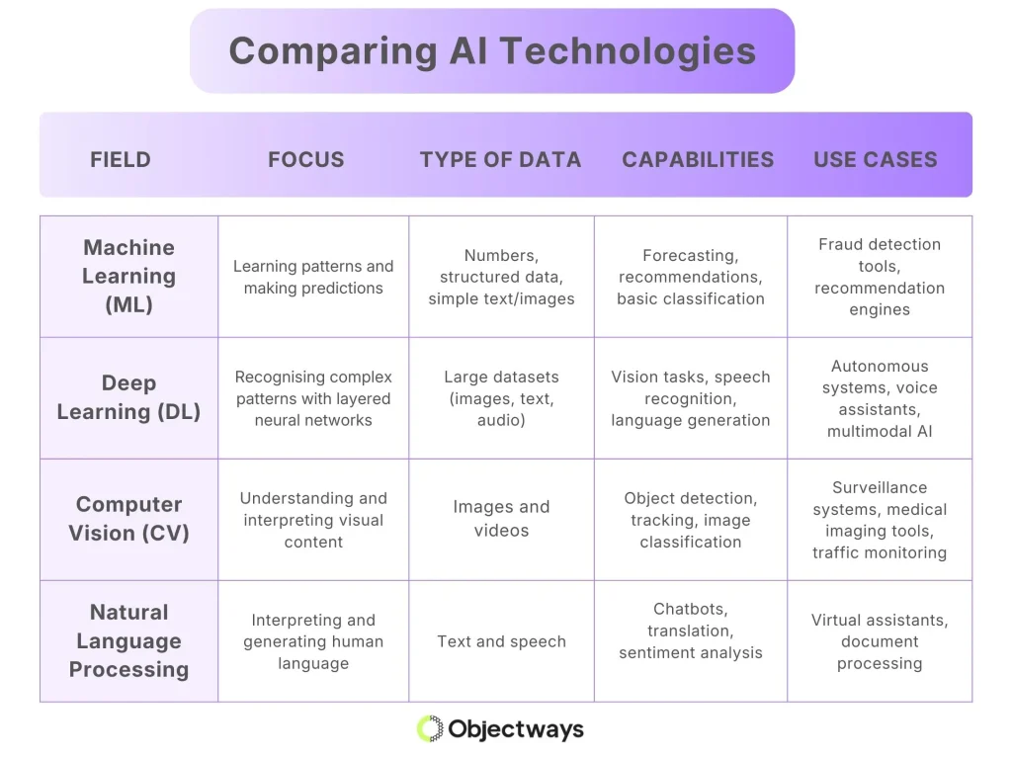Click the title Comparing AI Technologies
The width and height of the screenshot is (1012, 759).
click(492, 51)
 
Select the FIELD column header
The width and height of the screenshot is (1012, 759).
click(121, 159)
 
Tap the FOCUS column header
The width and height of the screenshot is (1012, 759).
click(306, 159)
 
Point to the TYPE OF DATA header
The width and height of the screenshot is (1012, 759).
click(500, 159)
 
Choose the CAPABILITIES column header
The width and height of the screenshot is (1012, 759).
click(698, 159)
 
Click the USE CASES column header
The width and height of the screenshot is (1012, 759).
click(876, 159)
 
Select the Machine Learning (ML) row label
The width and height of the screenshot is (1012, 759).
click(128, 276)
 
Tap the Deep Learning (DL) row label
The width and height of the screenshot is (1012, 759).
click(128, 397)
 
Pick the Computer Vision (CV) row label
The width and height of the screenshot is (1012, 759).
click(128, 519)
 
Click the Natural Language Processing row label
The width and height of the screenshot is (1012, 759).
click(128, 640)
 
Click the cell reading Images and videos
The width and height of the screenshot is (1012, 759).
click(501, 519)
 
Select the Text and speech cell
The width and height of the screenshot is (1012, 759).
click(501, 641)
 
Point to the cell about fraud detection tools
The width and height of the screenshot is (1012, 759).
click(880, 277)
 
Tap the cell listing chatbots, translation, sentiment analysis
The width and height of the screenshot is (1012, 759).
click(691, 631)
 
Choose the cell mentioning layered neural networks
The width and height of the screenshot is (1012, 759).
click(313, 398)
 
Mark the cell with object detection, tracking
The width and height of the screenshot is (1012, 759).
click(691, 520)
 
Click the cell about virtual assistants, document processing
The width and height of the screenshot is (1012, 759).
click(880, 641)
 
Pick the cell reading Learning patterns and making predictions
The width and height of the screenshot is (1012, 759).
click(313, 277)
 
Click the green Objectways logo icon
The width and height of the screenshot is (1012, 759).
click(430, 729)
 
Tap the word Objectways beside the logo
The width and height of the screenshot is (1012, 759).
click(516, 729)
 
